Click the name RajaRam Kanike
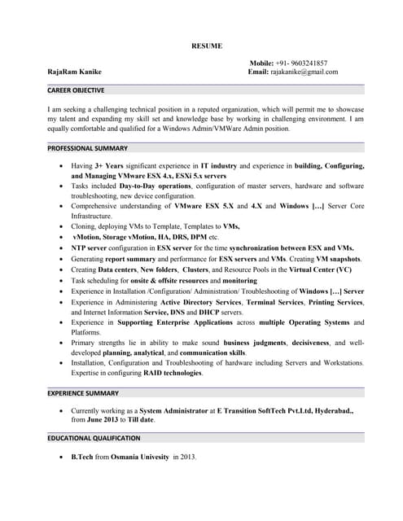(75, 72)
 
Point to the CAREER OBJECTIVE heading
(76, 90)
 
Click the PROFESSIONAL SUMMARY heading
(87, 148)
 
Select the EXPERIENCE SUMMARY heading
(84, 392)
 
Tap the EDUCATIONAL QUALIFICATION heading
(94, 438)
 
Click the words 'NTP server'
(90, 247)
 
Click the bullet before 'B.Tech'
(63, 458)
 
